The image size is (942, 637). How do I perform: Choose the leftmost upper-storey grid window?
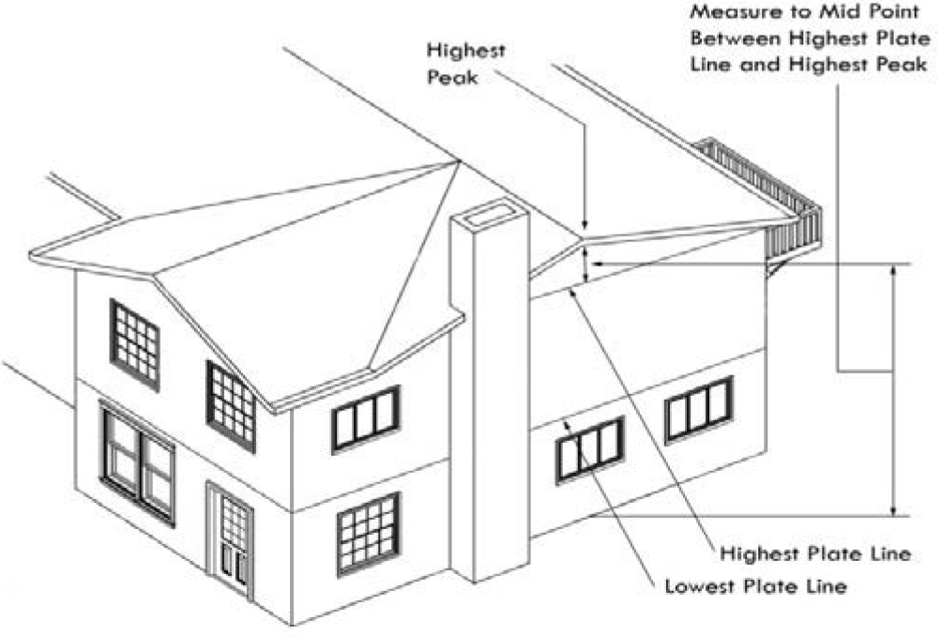[x=135, y=343]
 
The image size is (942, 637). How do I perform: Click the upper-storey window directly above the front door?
[x=231, y=405]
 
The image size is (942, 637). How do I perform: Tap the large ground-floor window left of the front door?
[x=138, y=463]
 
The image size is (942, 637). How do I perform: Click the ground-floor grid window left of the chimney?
[x=369, y=533]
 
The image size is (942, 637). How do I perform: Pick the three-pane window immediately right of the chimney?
[x=589, y=450]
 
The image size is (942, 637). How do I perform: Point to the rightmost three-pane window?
[x=699, y=409]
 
